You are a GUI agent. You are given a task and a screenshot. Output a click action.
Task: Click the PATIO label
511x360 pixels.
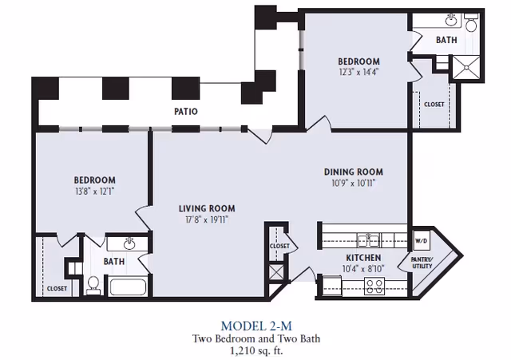click(186, 112)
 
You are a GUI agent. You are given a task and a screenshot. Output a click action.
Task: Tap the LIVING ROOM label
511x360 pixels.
click(207, 208)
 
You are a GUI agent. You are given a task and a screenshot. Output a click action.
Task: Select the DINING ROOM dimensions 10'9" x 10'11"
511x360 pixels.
click(354, 183)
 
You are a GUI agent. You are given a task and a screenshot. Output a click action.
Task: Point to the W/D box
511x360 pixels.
click(421, 241)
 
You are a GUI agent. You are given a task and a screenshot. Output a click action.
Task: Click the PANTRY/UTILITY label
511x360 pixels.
click(422, 263)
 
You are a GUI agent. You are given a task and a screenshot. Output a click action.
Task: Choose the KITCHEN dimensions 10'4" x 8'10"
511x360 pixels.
click(363, 269)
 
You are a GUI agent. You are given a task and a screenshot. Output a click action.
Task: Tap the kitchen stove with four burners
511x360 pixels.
click(374, 287)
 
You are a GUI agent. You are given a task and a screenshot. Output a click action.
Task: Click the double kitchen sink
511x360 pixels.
click(368, 240)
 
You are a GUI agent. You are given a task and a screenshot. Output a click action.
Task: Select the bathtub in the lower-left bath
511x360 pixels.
click(127, 287)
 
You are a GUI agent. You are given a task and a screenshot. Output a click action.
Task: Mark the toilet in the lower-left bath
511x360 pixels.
click(93, 286)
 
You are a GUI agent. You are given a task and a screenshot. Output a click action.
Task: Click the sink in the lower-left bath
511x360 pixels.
click(130, 243)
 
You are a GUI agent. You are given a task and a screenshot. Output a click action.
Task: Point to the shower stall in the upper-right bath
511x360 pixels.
click(466, 67)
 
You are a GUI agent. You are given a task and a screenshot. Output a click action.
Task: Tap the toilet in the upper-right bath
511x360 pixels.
click(471, 22)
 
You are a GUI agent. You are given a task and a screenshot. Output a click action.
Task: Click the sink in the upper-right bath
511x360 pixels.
click(451, 21)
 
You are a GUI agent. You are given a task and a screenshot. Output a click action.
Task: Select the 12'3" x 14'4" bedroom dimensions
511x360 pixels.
click(358, 72)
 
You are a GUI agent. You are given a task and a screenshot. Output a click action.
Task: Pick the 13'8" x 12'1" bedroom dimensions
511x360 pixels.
click(95, 191)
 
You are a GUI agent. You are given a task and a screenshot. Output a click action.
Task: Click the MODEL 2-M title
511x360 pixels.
click(256, 326)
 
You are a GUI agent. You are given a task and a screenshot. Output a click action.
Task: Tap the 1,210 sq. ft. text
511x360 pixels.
click(256, 350)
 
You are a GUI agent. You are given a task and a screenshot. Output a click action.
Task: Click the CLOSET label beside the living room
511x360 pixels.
click(279, 246)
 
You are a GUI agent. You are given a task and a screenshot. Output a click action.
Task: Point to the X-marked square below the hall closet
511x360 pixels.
click(276, 272)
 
